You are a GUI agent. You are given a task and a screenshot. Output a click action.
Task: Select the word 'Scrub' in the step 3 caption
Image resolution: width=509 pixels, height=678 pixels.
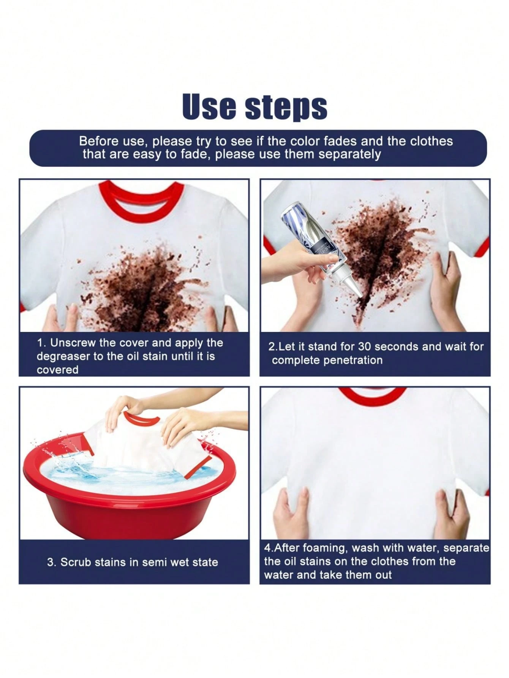(x=74, y=562)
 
